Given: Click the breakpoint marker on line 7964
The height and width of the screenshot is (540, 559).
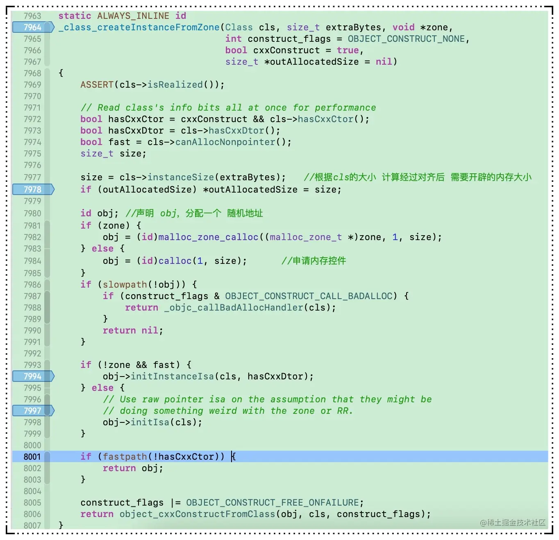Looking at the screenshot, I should tap(33, 27).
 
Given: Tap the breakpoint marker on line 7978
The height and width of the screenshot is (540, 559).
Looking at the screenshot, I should tap(33, 190).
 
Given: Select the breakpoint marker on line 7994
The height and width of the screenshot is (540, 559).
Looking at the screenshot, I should tap(33, 377).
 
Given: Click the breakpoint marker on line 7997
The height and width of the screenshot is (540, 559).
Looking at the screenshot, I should tap(33, 411).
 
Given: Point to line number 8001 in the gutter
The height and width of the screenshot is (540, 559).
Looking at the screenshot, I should tap(32, 457).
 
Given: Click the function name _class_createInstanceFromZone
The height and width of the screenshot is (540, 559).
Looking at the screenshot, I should tap(139, 27).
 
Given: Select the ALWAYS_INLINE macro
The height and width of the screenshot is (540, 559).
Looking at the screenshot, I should tap(133, 16).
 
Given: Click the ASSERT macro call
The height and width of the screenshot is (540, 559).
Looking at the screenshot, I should tap(97, 85).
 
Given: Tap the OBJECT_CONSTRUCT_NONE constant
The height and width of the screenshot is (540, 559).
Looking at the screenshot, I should tap(406, 39).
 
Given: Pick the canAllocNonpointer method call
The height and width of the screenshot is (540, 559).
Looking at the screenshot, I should tap(225, 142).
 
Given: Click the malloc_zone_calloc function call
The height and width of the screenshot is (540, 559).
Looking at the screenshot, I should tap(208, 237).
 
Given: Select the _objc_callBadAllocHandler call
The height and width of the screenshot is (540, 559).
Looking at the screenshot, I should tap(234, 308).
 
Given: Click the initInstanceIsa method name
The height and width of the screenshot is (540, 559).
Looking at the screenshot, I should tap(172, 377).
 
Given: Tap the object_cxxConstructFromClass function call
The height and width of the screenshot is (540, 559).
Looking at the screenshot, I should tap(197, 514).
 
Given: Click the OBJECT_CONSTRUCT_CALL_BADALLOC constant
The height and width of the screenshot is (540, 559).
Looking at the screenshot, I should tap(309, 296).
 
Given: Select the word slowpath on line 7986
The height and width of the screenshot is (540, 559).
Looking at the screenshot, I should tap(125, 285).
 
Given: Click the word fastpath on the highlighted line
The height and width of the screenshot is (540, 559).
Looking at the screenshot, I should tap(125, 457).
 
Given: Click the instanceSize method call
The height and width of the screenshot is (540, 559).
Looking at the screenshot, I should tap(180, 177).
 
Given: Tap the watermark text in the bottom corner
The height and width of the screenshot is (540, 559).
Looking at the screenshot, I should tap(513, 522).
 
